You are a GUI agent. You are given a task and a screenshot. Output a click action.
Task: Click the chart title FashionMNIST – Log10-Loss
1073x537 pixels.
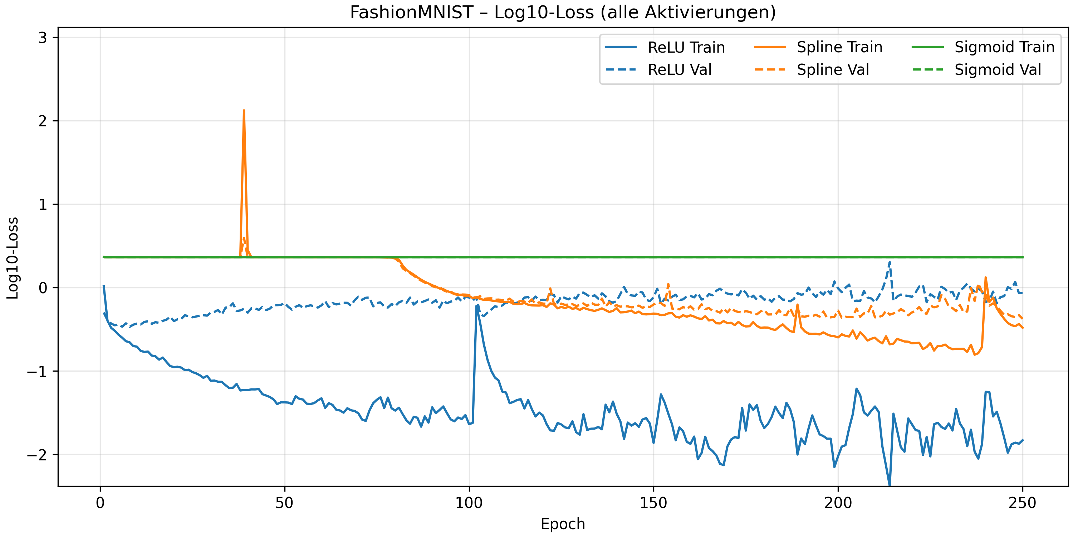(x=563, y=13)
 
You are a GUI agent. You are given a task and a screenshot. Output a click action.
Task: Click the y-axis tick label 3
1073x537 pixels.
(x=43, y=38)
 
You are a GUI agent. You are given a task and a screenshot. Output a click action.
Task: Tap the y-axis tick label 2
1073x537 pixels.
(x=43, y=121)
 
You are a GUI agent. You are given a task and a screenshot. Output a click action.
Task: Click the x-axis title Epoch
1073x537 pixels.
(x=563, y=524)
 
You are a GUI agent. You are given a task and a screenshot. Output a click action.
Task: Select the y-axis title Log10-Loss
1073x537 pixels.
(x=13, y=258)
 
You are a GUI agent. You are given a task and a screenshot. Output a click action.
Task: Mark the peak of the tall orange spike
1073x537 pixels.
(x=244, y=111)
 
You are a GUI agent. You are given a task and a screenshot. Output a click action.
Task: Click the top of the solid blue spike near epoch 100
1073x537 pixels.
(x=477, y=305)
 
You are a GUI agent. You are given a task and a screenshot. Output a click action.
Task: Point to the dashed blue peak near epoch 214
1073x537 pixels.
(x=890, y=262)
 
